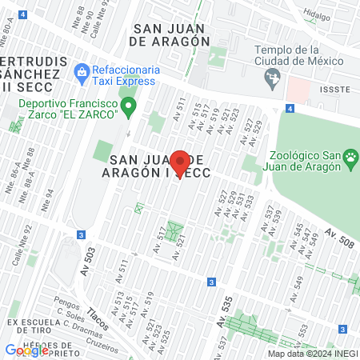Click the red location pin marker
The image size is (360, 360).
[x=180, y=164]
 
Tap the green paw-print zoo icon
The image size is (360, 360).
[x=350, y=160]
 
